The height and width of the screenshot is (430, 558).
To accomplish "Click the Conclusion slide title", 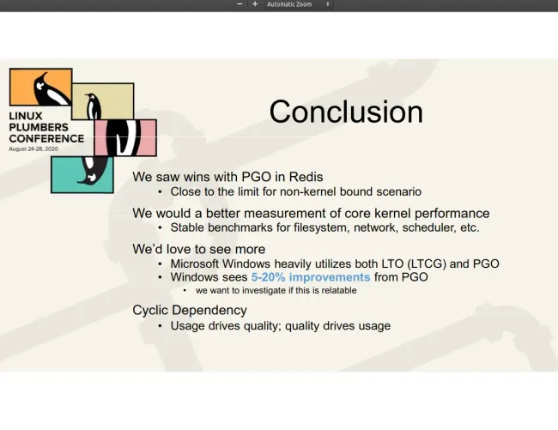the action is point(346,112).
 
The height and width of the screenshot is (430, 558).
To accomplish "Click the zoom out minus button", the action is point(240,4).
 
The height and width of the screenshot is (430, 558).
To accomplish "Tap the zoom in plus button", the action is point(255,4).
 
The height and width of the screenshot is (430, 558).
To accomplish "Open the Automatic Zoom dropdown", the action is point(298,4).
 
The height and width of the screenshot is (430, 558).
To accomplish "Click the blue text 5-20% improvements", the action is point(311,276).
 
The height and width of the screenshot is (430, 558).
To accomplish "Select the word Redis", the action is point(306,177).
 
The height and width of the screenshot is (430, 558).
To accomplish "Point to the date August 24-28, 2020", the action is point(33,148).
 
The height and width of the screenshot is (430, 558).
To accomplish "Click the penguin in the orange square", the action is point(50,89).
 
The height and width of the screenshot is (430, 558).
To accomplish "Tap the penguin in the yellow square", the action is point(94,106).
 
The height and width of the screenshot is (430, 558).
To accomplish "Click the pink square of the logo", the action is point(125,137).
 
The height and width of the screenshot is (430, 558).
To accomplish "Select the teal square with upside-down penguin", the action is point(82,175).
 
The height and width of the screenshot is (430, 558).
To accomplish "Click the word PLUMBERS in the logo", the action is point(39,127).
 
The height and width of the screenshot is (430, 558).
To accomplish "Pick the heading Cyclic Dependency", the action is point(190,310).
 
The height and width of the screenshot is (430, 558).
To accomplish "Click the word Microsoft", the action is point(195,263).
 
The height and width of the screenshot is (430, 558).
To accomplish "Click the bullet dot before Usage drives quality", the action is point(160,326).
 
